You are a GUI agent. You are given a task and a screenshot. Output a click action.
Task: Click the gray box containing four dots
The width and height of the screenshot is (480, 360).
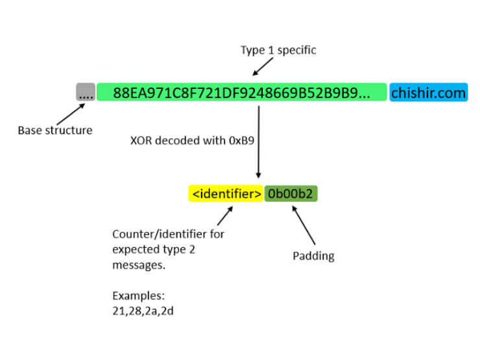(x=86, y=92)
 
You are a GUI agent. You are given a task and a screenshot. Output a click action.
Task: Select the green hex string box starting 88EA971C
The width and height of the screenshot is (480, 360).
(x=241, y=92)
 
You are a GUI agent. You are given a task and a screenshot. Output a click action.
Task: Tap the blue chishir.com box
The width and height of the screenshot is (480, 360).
(x=428, y=92)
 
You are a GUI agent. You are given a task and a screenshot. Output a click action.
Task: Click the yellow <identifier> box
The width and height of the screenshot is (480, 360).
(x=226, y=193)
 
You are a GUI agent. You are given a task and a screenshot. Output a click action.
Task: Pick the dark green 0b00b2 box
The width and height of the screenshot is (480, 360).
(x=291, y=193)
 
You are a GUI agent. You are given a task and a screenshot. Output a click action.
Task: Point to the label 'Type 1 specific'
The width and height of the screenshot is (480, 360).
(x=278, y=51)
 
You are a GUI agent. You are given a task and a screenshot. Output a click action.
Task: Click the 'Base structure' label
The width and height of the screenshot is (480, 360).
(x=55, y=130)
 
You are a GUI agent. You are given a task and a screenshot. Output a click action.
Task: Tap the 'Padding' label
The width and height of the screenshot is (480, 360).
(x=313, y=256)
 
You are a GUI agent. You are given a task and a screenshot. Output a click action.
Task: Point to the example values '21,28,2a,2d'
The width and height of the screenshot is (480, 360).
(x=143, y=310)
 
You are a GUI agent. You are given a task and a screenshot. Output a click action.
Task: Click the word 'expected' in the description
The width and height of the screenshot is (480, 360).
(x=136, y=249)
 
